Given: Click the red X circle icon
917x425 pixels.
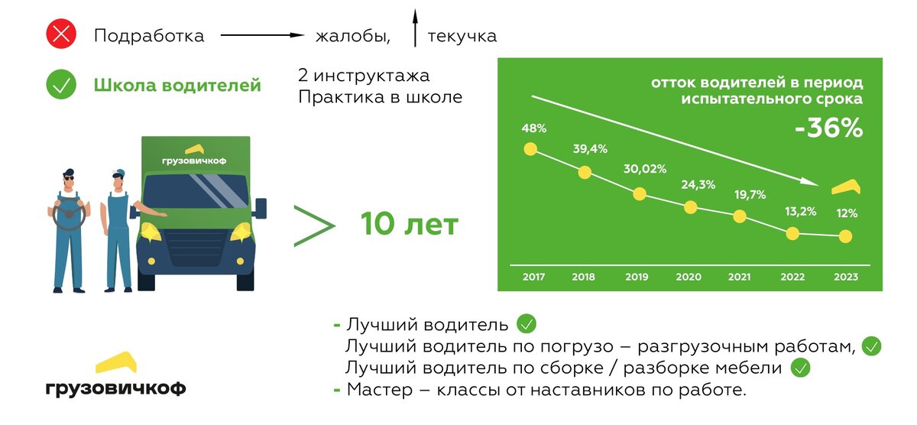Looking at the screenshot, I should [x=60, y=35].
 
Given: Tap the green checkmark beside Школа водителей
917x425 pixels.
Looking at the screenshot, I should [x=60, y=84].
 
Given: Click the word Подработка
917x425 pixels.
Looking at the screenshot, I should [x=149, y=36].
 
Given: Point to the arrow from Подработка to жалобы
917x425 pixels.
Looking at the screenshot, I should [x=263, y=35].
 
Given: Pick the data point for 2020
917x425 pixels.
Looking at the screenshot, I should [x=690, y=207].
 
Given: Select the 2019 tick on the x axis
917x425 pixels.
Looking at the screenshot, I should [x=637, y=277].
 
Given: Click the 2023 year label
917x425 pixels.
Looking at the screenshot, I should [x=846, y=277].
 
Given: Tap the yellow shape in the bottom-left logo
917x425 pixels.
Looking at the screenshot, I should [x=115, y=362].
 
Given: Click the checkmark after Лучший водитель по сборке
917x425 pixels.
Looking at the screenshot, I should [x=800, y=368].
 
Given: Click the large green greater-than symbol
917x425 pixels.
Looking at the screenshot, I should [x=314, y=225].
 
